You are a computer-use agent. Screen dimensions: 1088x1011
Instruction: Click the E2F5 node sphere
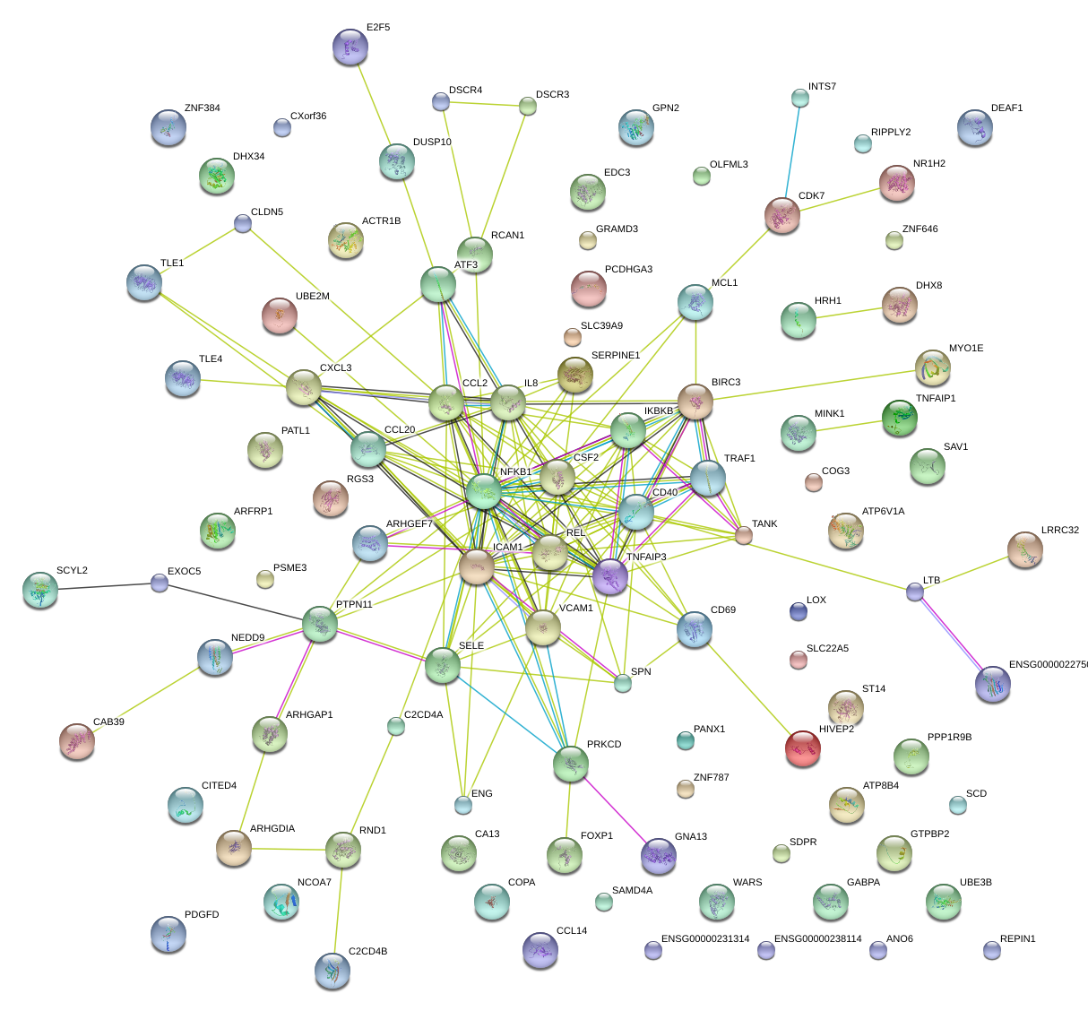pos(350,47)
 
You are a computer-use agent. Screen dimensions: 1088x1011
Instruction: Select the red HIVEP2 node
pos(802,748)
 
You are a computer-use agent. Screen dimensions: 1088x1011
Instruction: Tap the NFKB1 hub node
pos(483,492)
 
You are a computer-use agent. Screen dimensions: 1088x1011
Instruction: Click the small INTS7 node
pos(800,97)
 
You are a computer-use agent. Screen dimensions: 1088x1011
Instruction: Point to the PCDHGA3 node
pos(588,288)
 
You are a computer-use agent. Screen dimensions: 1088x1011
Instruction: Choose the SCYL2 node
pos(39,589)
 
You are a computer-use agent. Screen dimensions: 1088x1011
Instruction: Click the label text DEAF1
pos(1006,108)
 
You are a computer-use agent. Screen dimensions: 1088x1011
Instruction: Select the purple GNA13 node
pos(659,856)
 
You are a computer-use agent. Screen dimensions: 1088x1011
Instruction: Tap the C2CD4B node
pos(332,970)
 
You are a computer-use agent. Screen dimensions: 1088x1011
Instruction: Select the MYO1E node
pos(933,367)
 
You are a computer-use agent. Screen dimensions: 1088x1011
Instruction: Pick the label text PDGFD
pos(202,915)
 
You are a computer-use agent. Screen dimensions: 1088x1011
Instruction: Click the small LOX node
pos(798,611)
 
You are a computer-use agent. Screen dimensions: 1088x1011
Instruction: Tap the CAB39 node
pos(77,741)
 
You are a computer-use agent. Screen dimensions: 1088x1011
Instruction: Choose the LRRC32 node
pos(1024,549)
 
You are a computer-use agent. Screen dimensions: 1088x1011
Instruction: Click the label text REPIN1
pos(1017,939)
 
